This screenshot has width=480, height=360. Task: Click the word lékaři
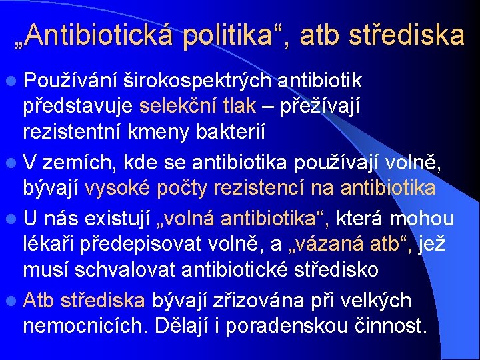coord(51,245)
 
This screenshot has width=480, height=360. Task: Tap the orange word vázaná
coord(338,245)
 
